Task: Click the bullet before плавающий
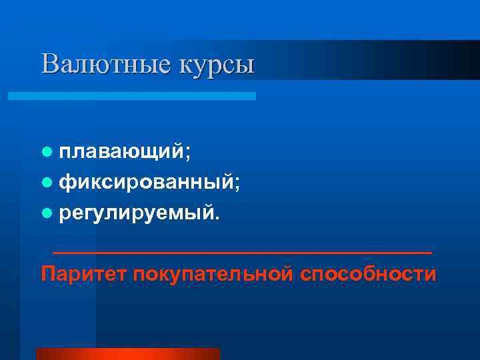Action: pos(46,152)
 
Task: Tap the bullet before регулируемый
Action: pos(46,214)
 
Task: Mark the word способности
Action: pos(368,274)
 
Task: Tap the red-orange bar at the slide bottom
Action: pos(127,354)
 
